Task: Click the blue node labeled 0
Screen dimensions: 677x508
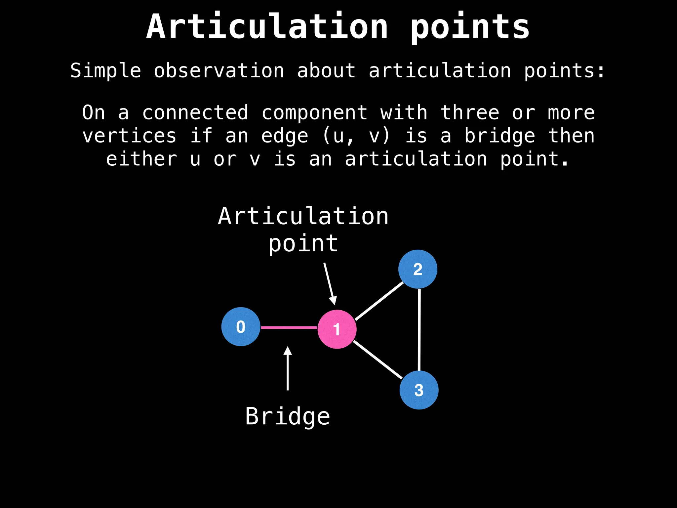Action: (241, 327)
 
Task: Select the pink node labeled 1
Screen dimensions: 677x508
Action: (337, 329)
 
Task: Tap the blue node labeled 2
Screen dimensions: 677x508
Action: (418, 269)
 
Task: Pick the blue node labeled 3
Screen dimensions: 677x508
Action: (419, 390)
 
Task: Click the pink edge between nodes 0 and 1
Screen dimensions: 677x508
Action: (289, 327)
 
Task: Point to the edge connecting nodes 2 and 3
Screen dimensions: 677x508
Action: (419, 329)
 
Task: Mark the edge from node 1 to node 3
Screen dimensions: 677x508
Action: (378, 360)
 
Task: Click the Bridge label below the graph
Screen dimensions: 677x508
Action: (288, 416)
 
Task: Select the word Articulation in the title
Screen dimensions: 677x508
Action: (267, 26)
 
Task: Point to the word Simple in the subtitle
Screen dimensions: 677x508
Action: (106, 71)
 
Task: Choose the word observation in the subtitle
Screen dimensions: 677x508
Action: (219, 71)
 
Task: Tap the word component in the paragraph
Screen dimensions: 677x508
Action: (314, 113)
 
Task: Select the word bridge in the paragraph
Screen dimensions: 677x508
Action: (500, 136)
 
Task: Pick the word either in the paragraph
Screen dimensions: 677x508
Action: (141, 159)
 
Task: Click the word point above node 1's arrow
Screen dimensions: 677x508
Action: (303, 244)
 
